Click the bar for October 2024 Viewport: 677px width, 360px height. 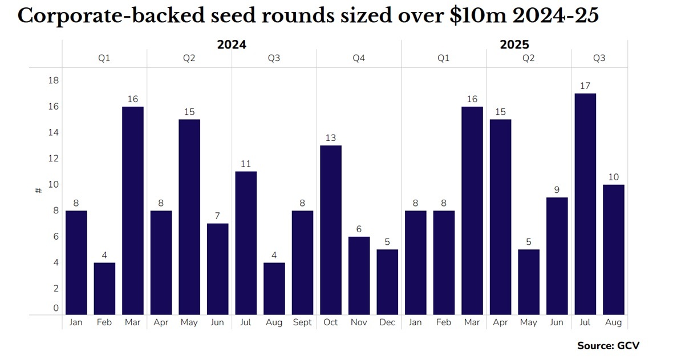331,229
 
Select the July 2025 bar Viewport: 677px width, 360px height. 585,204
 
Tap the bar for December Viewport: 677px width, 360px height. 387,281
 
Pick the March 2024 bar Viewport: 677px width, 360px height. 133,210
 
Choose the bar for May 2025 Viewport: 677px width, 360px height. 529,281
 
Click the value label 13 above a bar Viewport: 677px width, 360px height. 331,137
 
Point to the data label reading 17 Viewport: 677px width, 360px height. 585,86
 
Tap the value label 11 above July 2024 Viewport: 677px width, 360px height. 246,164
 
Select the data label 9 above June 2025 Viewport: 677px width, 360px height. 557,190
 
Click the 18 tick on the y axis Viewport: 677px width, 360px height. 54,80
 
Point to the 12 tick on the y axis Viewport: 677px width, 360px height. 54,159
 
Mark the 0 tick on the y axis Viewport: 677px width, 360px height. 56,308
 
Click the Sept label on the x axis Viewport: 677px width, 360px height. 302,322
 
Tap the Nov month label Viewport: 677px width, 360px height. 359,322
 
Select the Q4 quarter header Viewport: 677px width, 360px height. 359,58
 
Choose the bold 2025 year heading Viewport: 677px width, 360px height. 514,44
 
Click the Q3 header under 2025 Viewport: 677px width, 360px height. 599,58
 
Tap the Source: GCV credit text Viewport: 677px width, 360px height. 613,346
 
